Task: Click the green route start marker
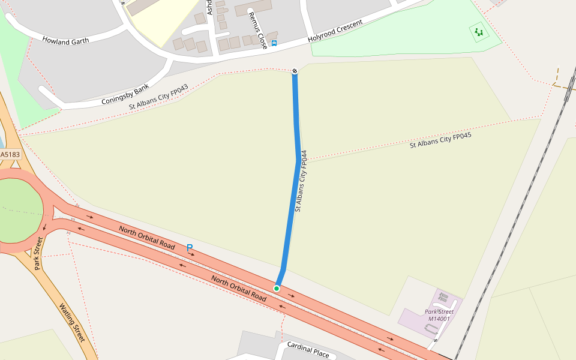(x=277, y=289)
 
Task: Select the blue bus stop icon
(x=274, y=43)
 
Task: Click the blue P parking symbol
(x=190, y=247)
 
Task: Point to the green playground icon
(x=478, y=32)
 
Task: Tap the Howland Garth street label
(x=65, y=40)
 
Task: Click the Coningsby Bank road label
(x=125, y=95)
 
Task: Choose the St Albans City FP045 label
(x=440, y=140)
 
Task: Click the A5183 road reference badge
(x=10, y=154)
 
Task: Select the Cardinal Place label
(x=308, y=349)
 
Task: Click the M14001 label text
(x=438, y=319)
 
